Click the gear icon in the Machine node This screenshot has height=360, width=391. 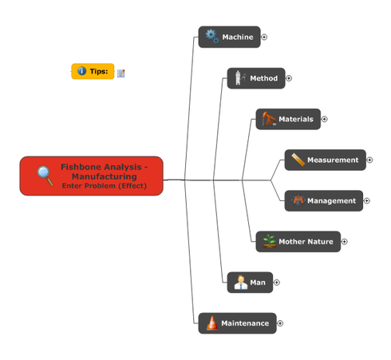click(212, 36)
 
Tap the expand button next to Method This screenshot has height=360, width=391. click(289, 78)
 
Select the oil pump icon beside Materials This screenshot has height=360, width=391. click(269, 119)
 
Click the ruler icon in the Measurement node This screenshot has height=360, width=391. click(298, 160)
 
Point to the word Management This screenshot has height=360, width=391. click(331, 200)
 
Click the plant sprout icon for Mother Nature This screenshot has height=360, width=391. click(269, 241)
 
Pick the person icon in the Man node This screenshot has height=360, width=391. click(241, 283)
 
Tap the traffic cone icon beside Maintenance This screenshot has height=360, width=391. click(212, 323)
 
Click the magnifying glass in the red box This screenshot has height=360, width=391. click(45, 176)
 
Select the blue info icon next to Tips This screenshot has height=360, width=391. click(81, 71)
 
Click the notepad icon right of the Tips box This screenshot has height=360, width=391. click(120, 73)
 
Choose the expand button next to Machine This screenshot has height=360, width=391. click(264, 37)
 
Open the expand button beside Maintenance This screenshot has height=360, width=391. click(280, 323)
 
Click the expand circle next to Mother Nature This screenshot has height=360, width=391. click(344, 242)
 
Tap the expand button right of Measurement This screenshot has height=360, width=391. click(369, 160)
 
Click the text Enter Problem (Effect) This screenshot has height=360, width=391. click(105, 186)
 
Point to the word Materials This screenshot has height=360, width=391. click(296, 119)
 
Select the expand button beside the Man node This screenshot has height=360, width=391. click(277, 283)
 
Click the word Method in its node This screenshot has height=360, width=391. click(263, 78)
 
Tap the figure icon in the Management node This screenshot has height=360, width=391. click(298, 200)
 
